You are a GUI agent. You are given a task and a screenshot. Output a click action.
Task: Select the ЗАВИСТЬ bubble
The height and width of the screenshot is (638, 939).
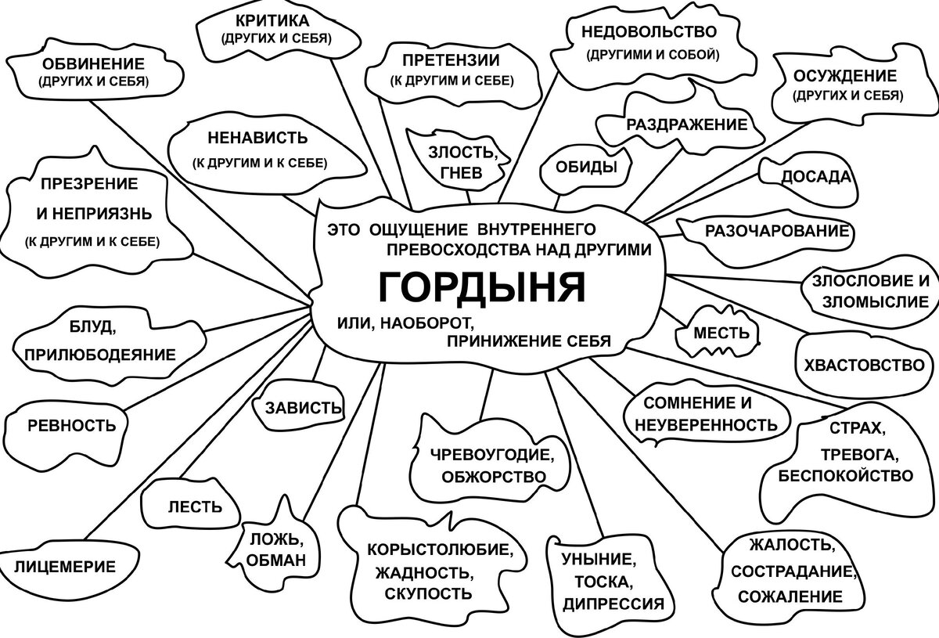coord(304,408)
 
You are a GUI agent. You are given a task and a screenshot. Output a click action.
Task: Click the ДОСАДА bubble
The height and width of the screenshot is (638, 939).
coord(816,176)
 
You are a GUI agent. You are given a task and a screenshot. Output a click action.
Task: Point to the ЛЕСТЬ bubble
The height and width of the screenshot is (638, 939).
coord(195,506)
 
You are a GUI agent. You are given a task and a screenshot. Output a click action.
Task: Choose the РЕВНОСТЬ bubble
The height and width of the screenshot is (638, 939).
coord(71,426)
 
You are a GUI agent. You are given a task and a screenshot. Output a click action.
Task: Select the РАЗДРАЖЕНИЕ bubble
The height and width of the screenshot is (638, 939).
coord(686,124)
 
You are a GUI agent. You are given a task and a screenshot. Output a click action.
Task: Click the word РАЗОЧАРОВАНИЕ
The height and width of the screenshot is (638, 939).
coord(777,231)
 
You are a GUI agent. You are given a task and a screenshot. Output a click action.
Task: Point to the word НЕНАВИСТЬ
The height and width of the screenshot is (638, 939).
coord(258,138)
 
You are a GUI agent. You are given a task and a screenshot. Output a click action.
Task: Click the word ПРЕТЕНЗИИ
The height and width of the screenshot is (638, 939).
coord(452,60)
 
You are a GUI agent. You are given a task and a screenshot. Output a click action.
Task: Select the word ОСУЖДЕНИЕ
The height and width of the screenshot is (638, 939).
coord(845,76)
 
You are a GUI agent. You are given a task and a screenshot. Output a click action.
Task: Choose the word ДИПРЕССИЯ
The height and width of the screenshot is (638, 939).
coord(613,604)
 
